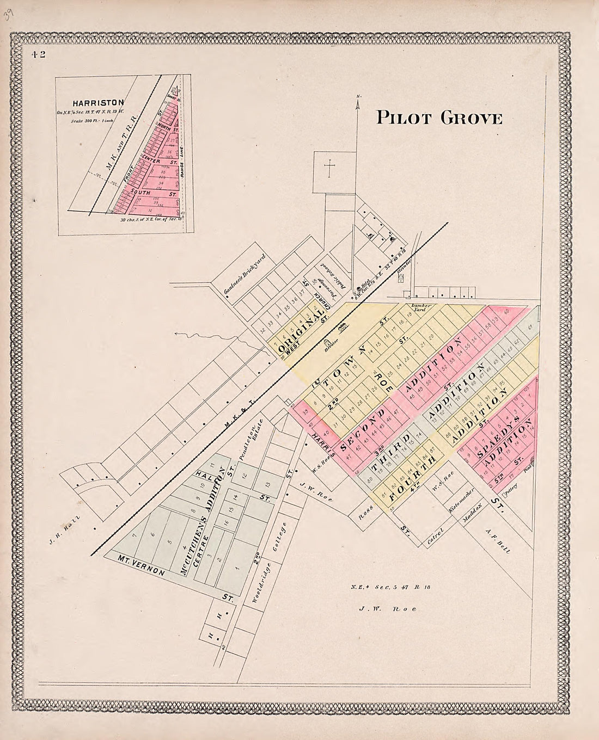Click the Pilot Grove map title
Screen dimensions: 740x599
pos(439,118)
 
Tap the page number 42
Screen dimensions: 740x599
pos(38,54)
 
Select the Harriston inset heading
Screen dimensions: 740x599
pos(98,102)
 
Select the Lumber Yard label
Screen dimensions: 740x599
pos(421,307)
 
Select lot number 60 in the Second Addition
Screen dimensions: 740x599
pos(506,312)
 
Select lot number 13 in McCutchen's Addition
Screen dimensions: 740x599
pos(266,484)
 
